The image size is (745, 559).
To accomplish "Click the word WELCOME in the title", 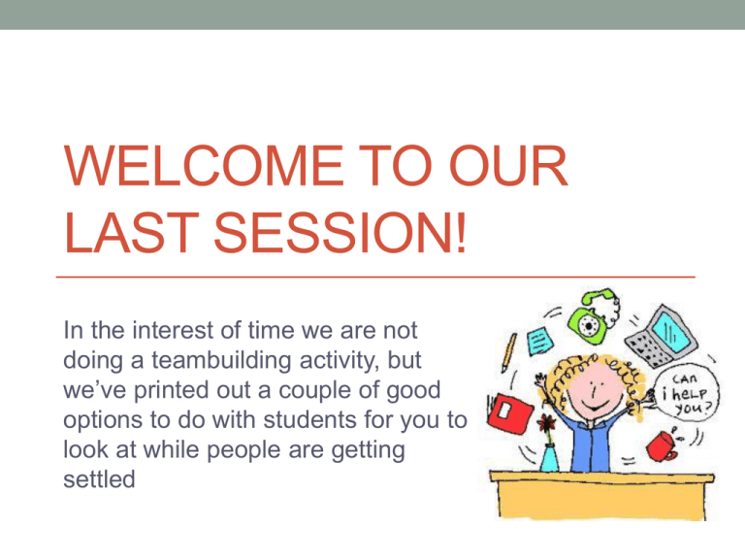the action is tap(204, 165).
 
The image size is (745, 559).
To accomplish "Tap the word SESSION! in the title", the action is tap(340, 233).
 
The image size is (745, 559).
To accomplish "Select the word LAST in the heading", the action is tap(131, 233).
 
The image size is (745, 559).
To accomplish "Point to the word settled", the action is tap(99, 478).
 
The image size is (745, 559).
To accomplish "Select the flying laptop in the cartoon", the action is tap(662, 336).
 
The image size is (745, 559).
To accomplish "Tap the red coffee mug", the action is tap(663, 446).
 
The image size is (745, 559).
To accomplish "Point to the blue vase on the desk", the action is tap(549, 457).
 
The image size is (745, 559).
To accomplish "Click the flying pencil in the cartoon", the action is tap(509, 351).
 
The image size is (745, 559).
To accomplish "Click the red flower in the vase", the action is tap(547, 422).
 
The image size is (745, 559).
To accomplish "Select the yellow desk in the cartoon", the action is tap(601, 494).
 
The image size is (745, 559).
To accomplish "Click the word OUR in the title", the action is tap(508, 165).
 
